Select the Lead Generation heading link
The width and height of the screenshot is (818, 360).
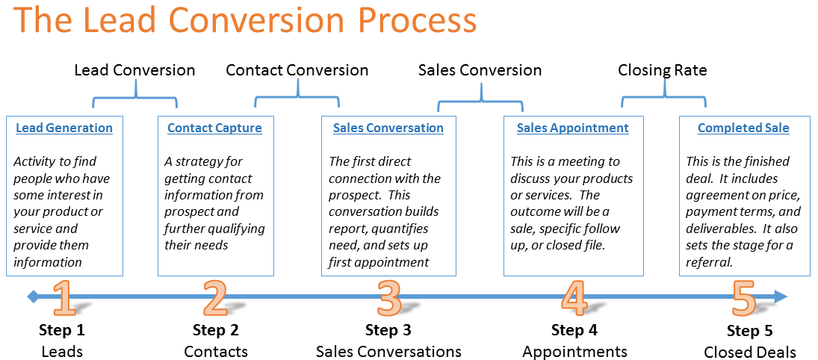(64, 128)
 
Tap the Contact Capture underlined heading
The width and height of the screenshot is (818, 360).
(215, 128)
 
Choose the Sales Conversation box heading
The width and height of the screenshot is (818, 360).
(388, 128)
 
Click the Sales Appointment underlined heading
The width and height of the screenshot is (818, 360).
(573, 128)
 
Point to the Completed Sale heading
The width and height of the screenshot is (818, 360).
(743, 128)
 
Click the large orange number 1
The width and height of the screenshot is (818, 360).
(65, 299)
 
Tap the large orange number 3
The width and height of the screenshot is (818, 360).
(388, 299)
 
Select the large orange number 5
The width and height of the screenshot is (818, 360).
(744, 299)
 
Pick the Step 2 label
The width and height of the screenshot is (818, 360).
(215, 329)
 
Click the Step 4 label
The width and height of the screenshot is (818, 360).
(574, 329)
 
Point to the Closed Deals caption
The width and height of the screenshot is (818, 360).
(750, 352)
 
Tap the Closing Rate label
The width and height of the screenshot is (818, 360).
(663, 70)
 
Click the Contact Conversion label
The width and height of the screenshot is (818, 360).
(297, 70)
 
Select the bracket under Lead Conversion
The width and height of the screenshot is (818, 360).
(135, 97)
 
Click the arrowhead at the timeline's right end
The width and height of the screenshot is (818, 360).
(781, 297)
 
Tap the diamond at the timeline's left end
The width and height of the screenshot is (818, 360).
(33, 297)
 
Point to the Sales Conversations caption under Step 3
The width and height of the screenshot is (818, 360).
(388, 352)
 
